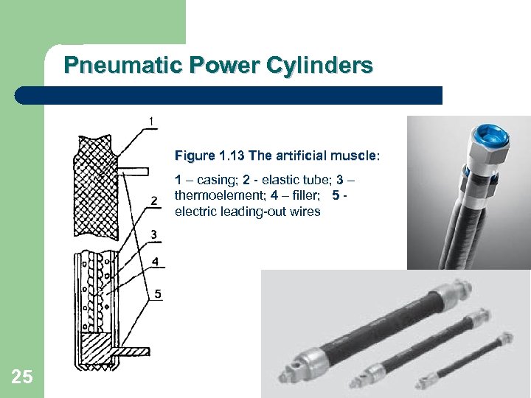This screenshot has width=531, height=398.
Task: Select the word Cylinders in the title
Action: click(319, 65)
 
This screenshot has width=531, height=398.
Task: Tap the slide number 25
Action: click(22, 377)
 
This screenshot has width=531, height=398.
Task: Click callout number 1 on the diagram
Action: click(151, 121)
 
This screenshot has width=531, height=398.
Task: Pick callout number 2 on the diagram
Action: click(154, 201)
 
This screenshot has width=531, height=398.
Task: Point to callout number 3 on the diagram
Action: click(154, 234)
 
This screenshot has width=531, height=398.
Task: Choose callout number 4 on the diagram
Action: click(155, 261)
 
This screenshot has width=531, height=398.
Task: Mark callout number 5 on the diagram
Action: click(158, 294)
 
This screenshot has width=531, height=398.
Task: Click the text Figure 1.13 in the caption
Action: click(209, 156)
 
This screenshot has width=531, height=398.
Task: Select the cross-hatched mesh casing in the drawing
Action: click(96, 186)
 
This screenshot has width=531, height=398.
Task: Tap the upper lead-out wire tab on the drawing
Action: click(133, 171)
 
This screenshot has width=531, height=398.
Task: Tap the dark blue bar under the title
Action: click(228, 95)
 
